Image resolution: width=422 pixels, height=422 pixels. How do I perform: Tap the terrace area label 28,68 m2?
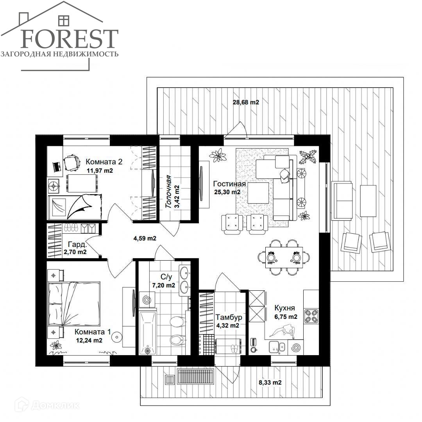246,102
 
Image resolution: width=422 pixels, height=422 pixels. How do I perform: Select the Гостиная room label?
229,184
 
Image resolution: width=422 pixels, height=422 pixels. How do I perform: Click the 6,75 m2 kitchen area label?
286,317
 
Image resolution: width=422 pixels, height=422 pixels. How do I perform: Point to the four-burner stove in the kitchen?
311,316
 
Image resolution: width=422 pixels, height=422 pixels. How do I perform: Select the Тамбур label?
229,317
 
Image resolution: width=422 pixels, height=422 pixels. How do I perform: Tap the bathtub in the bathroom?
148,333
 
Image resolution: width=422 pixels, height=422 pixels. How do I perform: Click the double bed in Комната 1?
74,304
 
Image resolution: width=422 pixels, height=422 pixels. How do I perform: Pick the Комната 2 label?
104,162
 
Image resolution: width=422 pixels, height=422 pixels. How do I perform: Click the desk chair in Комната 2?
72,163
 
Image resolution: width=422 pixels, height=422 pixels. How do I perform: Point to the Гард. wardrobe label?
77,244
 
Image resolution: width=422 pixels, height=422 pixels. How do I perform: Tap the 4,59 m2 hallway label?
145,238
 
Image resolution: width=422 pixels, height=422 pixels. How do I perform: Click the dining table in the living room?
284,257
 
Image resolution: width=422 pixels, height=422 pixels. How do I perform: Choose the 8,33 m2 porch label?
270,383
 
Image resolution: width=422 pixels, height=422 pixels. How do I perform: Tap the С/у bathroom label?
166,277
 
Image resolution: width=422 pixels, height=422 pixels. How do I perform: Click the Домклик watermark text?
55,406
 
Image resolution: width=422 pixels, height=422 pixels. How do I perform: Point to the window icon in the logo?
64,20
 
